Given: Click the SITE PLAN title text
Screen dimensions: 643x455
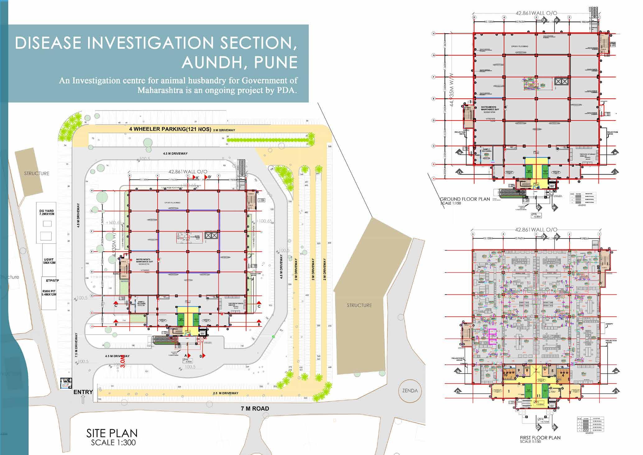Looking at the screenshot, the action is (112, 433).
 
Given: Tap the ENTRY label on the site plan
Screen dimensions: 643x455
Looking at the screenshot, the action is (83, 392).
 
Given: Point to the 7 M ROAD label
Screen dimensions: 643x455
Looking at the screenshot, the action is (255, 409).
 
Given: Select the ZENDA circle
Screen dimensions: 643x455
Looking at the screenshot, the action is (410, 391).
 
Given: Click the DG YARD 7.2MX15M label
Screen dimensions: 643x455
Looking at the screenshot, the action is (47, 213).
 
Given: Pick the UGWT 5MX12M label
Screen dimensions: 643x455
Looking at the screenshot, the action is (49, 261).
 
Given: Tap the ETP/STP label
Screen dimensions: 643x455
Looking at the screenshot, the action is (52, 281).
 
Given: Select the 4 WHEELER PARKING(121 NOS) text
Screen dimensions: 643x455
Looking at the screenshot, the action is (170, 129).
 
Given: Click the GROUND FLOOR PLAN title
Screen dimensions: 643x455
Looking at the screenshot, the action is (465, 199).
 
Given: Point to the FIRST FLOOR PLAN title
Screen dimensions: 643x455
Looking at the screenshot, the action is (540, 438).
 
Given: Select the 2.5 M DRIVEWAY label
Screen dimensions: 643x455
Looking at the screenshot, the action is (226, 393).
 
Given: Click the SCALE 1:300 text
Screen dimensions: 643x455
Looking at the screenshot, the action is (113, 443).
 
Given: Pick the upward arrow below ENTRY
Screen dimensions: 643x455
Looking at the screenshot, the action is (83, 400).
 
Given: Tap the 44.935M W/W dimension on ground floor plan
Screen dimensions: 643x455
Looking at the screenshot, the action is (452, 90).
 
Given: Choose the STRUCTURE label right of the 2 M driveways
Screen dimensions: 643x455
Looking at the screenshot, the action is (359, 305).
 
